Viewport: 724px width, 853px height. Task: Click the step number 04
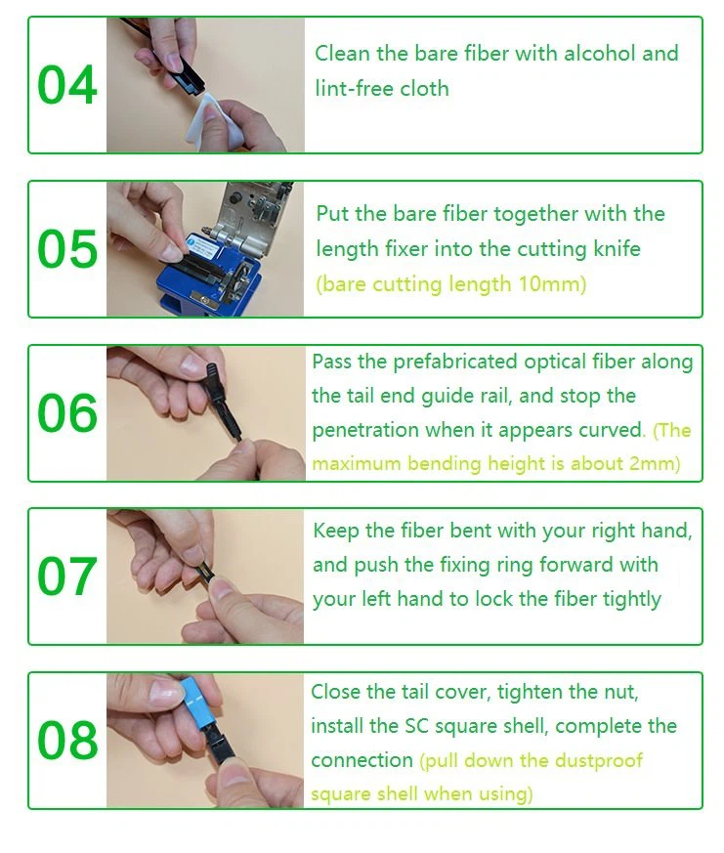tap(67, 85)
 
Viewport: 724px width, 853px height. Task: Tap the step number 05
tap(67, 249)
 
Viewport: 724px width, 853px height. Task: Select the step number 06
tap(67, 413)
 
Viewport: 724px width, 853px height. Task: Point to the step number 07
tap(67, 576)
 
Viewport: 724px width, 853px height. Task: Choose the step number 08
tap(67, 741)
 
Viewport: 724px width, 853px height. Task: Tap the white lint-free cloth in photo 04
tap(215, 122)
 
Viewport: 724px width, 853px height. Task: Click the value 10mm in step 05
tap(550, 284)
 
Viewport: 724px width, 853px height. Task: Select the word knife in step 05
tap(617, 248)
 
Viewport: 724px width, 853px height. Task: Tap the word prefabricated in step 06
tap(455, 362)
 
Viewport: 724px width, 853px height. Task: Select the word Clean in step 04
tap(343, 54)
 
